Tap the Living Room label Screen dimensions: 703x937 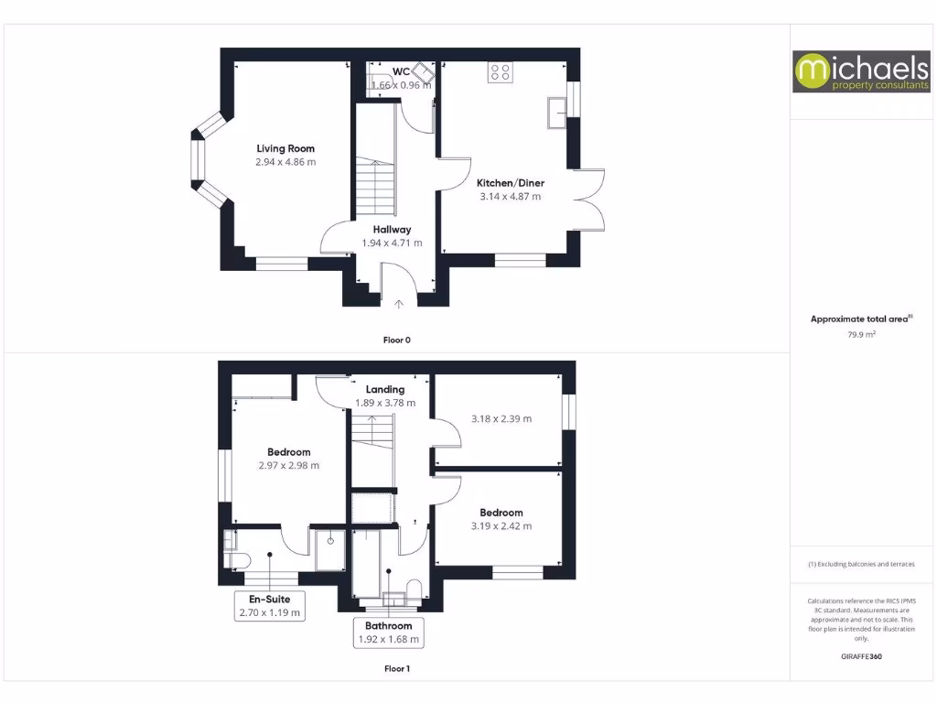click(x=285, y=148)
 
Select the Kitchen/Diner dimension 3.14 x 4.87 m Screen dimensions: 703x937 click(x=510, y=196)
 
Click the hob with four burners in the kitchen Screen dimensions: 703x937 click(x=501, y=71)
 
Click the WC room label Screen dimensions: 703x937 click(x=401, y=72)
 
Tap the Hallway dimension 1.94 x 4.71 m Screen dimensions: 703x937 click(x=392, y=243)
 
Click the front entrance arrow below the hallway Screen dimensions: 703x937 click(x=399, y=304)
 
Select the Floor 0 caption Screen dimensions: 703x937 click(x=396, y=340)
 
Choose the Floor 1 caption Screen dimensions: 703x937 click(x=396, y=669)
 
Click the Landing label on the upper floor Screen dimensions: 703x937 click(x=385, y=389)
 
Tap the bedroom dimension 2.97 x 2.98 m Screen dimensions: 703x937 click(x=289, y=465)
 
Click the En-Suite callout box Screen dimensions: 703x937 click(x=270, y=606)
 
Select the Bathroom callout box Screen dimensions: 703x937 click(x=389, y=633)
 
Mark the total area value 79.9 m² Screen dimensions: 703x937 click(x=861, y=335)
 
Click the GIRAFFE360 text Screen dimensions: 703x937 click(x=861, y=656)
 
